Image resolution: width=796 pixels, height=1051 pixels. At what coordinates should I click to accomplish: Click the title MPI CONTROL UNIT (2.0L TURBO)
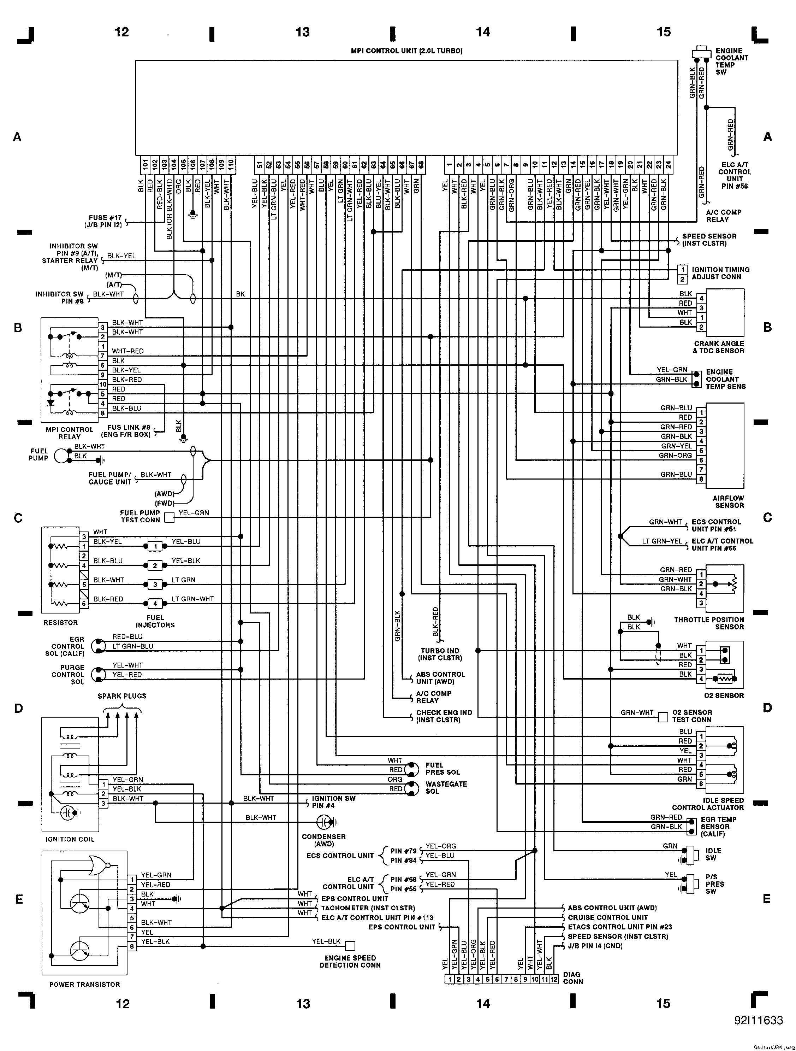[406, 51]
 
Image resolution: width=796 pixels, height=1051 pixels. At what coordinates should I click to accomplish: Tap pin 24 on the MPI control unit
[668, 165]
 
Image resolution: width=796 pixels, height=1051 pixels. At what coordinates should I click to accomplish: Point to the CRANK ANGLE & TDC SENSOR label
[719, 347]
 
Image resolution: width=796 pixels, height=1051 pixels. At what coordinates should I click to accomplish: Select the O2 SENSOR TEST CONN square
[663, 716]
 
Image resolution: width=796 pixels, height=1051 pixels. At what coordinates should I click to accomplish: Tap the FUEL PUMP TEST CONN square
[169, 517]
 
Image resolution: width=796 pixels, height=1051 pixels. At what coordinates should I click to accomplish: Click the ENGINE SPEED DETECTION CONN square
[350, 946]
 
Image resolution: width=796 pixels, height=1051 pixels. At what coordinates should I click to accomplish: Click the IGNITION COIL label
[70, 839]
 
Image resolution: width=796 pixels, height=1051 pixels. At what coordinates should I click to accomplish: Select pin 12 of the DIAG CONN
[553, 979]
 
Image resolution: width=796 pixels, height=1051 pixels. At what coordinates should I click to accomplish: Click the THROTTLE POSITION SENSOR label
[709, 623]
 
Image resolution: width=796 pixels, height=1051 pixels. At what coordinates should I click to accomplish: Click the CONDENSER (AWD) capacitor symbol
[325, 822]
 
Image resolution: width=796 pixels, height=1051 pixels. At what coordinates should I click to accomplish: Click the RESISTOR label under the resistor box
[60, 622]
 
